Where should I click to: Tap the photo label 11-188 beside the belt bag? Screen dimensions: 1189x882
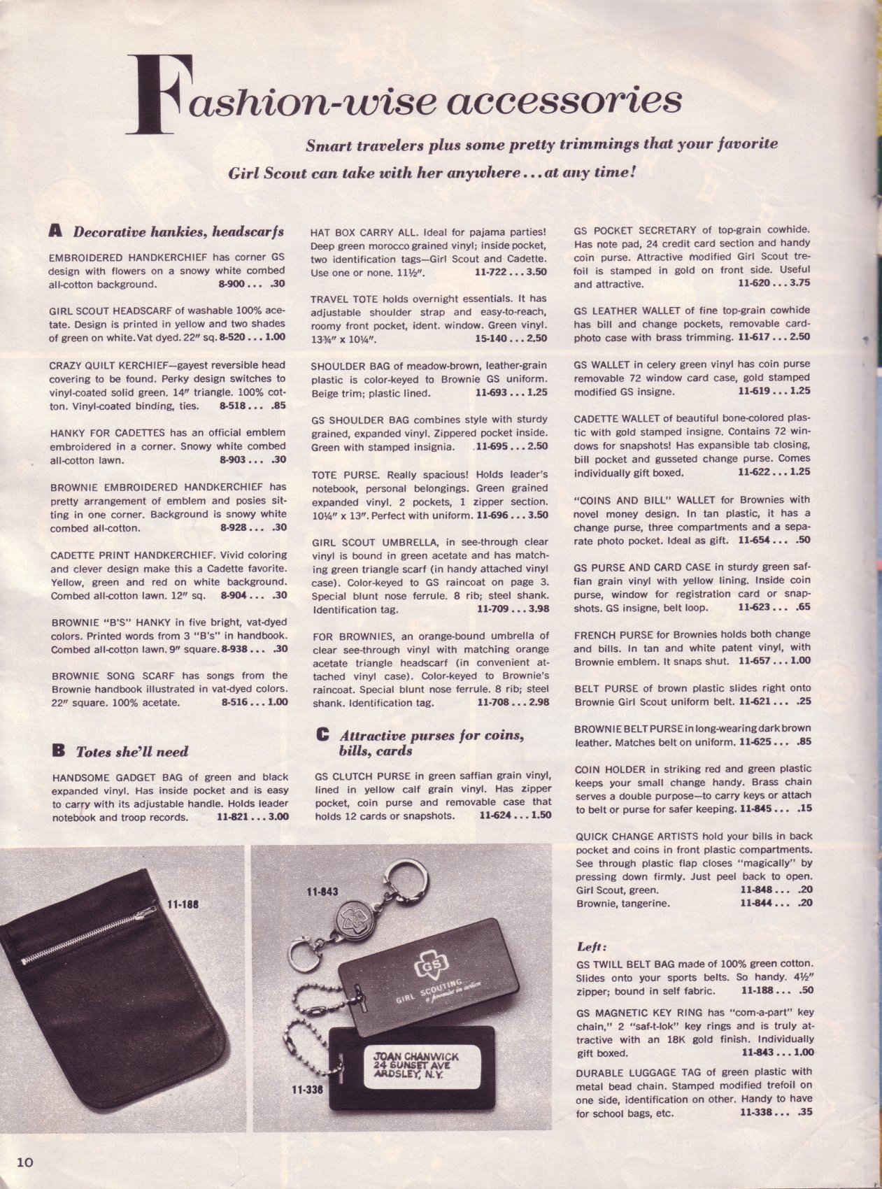(x=184, y=904)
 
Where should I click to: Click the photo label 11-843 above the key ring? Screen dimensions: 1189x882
(x=322, y=892)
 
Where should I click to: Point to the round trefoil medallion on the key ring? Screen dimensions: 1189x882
(x=354, y=917)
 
